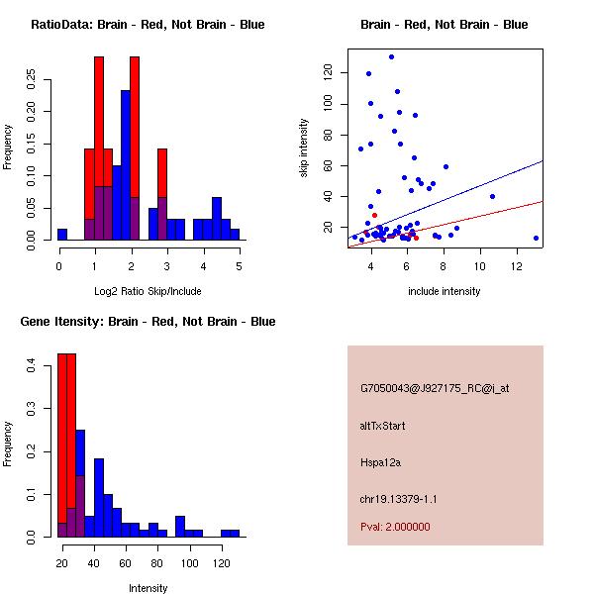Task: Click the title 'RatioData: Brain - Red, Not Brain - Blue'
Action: click(148, 25)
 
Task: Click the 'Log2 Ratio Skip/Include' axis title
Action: click(148, 291)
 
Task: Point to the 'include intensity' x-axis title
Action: click(445, 291)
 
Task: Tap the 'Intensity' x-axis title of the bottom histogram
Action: click(148, 588)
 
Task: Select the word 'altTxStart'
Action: click(383, 426)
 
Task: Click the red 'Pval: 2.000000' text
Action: click(395, 527)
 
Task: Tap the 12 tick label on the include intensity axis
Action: click(518, 266)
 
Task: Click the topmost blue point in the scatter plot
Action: click(391, 57)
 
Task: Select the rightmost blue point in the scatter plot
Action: click(536, 238)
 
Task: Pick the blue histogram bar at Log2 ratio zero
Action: click(62, 235)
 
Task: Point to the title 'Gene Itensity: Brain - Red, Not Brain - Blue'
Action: click(148, 322)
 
